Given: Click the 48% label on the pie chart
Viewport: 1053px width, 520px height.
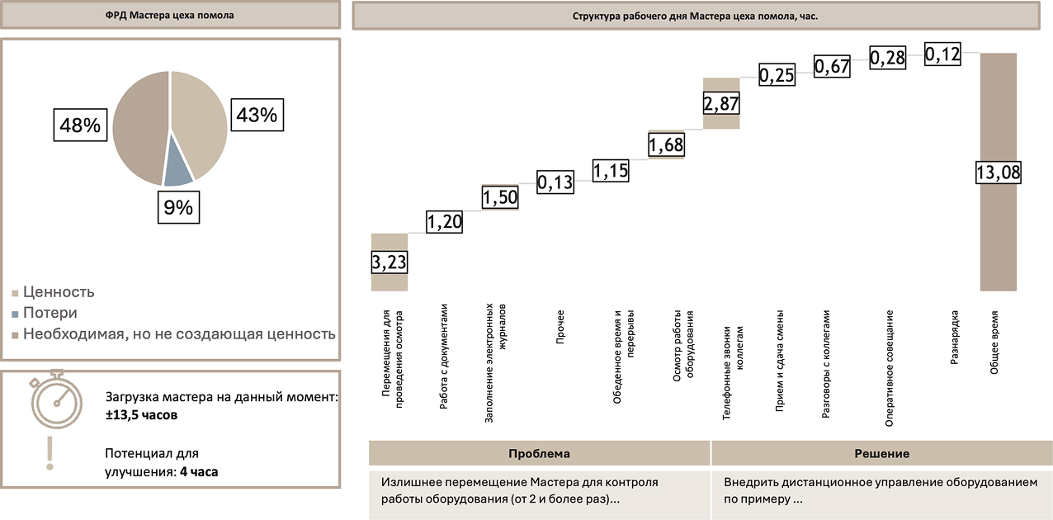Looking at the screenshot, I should pos(80,126).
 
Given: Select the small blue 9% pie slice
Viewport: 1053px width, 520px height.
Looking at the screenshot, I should pos(177,169).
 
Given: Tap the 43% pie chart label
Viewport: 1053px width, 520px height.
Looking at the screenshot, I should pos(256,115).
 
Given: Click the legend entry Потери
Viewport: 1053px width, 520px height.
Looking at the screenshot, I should pos(50,313).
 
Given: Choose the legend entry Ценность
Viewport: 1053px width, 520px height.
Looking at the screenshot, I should pos(58,292).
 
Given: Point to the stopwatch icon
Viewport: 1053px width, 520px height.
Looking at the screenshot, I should pos(55,402).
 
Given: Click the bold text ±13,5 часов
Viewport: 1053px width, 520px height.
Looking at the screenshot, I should pos(141,415).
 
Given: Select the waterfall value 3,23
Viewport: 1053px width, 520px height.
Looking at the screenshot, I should pos(390,262).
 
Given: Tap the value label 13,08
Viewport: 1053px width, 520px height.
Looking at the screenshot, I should pos(999,173).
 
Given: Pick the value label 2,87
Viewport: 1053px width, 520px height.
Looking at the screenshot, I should pos(721,103).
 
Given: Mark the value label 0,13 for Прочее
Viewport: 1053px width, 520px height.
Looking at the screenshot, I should pos(555,182).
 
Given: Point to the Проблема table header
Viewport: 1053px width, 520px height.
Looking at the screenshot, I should pos(539,454).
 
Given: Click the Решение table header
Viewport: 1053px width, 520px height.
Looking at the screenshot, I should pos(881,454).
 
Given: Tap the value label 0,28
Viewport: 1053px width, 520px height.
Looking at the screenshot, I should pos(888,58).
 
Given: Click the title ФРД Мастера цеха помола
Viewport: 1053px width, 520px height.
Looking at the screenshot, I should pos(169,15).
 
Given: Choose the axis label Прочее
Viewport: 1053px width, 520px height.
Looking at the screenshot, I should pos(560,323).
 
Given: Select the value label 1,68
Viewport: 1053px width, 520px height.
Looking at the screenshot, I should pos(666,145).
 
